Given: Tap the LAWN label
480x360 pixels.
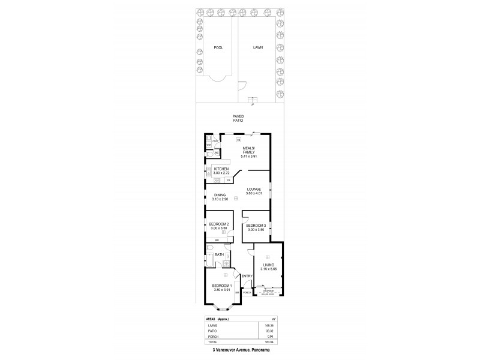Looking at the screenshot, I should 258,47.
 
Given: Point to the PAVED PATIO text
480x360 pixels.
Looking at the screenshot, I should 238,118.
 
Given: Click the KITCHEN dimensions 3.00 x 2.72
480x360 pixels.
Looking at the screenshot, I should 221,173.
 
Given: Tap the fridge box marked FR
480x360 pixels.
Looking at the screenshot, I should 229,180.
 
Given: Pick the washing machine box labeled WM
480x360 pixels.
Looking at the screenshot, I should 209,145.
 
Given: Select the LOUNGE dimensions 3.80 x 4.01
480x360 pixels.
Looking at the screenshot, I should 253,193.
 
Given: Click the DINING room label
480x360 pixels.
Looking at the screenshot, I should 220,194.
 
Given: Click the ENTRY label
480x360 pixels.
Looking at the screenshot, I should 245,277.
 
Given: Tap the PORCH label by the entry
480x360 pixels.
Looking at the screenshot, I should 246,293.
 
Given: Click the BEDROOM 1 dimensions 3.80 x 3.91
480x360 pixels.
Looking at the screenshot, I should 222,290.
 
